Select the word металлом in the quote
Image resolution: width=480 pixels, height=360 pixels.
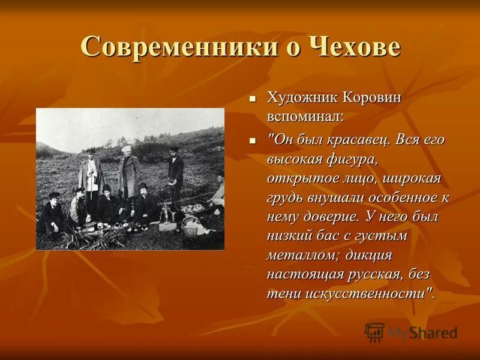(x=298, y=255)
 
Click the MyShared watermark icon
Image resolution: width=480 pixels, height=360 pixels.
(x=374, y=331)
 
